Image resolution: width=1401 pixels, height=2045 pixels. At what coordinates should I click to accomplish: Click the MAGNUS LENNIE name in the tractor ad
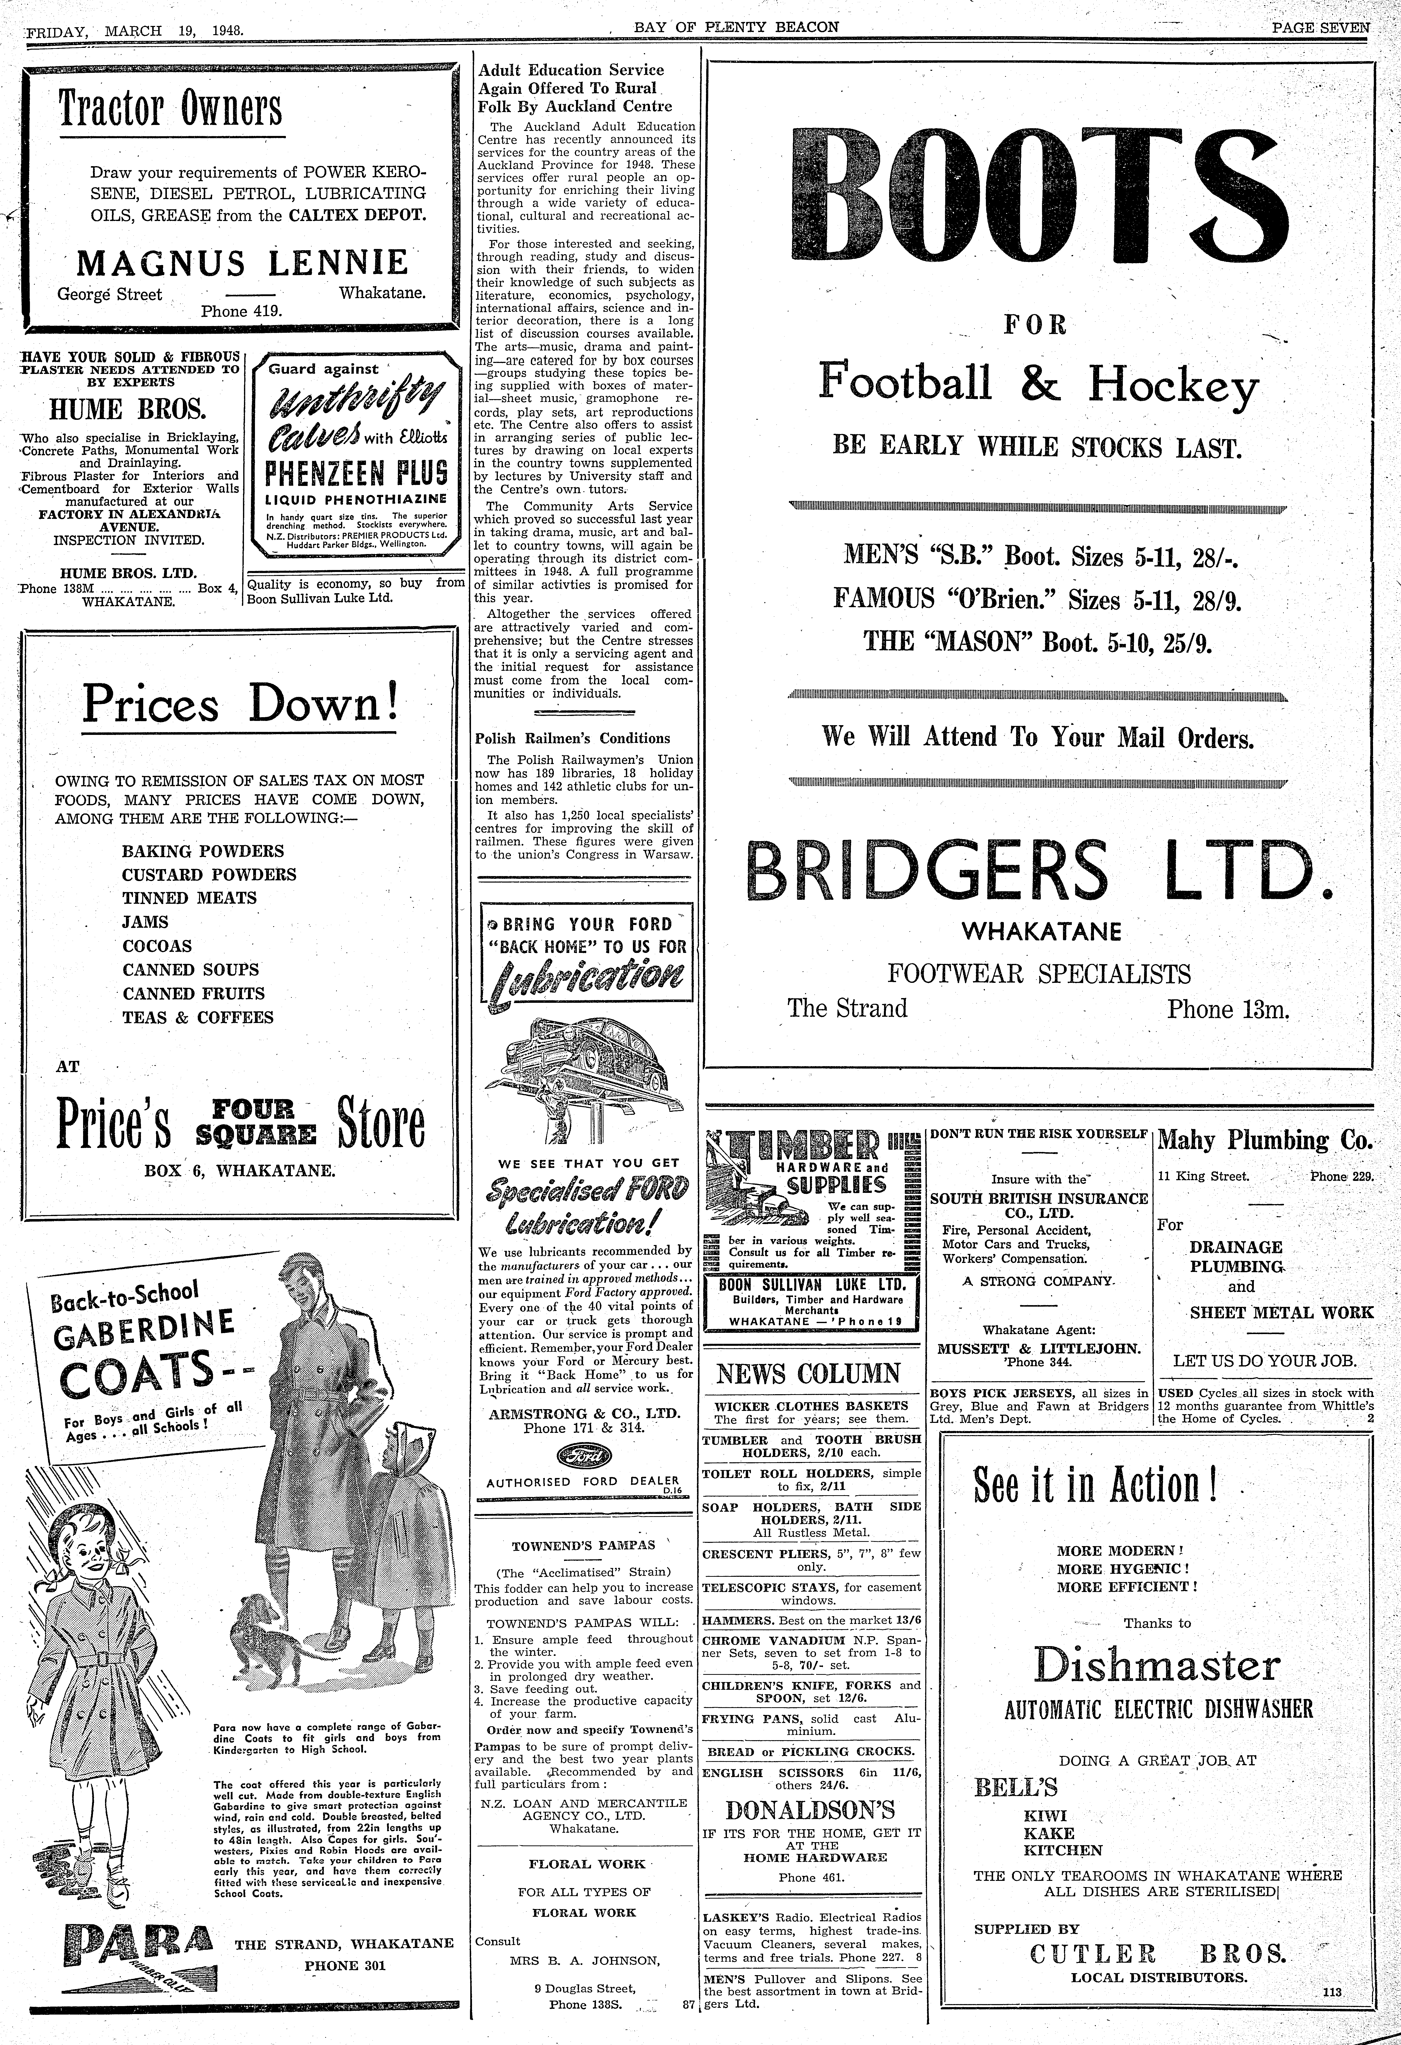[243, 263]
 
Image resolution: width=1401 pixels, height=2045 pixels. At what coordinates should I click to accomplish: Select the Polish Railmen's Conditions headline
[572, 738]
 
